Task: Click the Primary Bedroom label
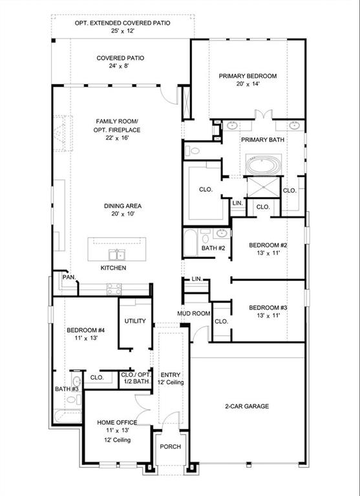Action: click(x=248, y=76)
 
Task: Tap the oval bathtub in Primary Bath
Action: click(x=264, y=165)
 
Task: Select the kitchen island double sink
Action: click(x=117, y=254)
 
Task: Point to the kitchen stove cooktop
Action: click(x=114, y=289)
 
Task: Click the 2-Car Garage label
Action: click(x=247, y=406)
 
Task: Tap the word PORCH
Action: click(x=171, y=447)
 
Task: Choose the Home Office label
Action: click(x=117, y=422)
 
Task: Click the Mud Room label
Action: click(x=193, y=313)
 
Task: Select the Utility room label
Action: click(x=135, y=321)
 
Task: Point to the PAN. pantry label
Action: click(x=69, y=277)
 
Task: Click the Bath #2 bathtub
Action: click(x=191, y=242)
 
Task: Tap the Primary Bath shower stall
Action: click(x=264, y=187)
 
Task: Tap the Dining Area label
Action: click(x=123, y=206)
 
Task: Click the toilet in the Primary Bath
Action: click(x=193, y=150)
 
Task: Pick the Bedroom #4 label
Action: click(x=85, y=330)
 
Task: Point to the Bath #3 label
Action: click(x=67, y=389)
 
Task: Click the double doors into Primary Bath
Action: click(x=264, y=114)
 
